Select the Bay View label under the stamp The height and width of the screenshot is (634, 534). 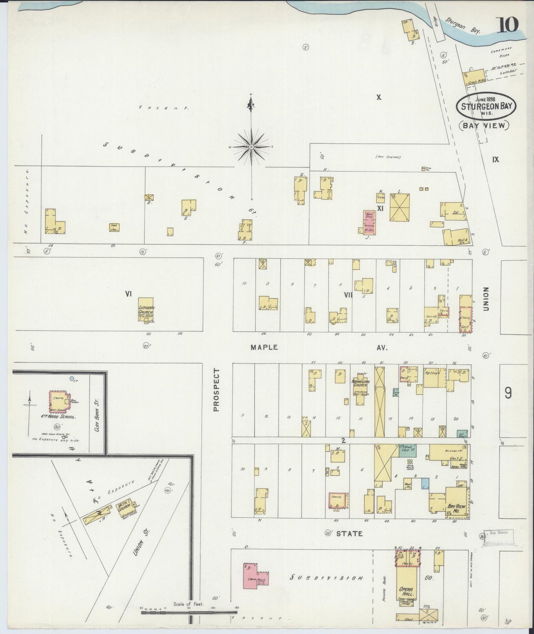coord(484,125)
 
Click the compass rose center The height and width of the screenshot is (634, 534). coord(251,147)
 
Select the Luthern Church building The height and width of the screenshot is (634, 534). coord(146,309)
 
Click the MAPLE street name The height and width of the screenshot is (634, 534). coord(264,347)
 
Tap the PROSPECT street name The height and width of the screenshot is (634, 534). coord(217,389)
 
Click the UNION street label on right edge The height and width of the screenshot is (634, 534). coord(486,299)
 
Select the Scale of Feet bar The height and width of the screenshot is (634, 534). coord(188,612)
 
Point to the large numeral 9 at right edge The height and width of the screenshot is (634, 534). coord(509,393)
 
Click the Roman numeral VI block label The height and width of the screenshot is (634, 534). coord(128,294)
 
